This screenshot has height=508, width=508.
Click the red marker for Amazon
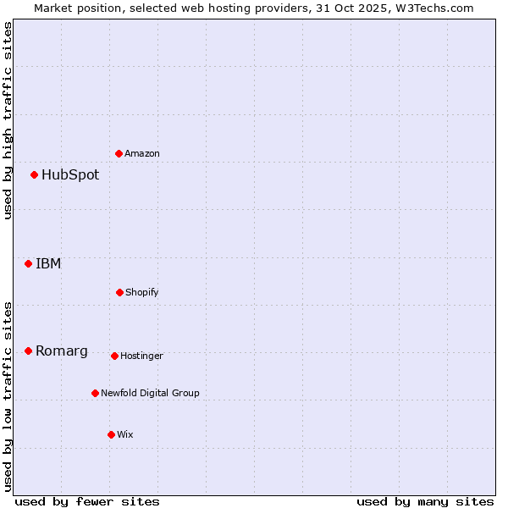point(119,153)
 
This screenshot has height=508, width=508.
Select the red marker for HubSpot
point(35,175)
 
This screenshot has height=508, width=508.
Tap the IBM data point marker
point(29,263)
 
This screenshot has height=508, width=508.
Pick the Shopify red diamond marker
point(119,292)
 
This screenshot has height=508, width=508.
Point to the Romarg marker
point(29,351)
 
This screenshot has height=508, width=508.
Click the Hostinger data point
point(114,356)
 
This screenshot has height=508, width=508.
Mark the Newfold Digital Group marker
point(95,393)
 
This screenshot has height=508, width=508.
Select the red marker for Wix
point(111,434)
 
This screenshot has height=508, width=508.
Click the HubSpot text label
point(70,175)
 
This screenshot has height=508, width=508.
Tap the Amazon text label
point(142,153)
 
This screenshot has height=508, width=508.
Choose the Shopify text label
point(142,292)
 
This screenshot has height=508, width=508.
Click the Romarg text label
point(62,351)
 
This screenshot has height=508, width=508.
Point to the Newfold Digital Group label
point(150,393)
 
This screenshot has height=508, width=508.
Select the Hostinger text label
point(141,356)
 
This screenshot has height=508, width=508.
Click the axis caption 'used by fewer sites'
point(86,501)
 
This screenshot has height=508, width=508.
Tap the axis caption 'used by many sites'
point(425,501)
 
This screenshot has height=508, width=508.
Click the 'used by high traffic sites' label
point(8,120)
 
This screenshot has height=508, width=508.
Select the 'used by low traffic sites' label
point(8,396)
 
